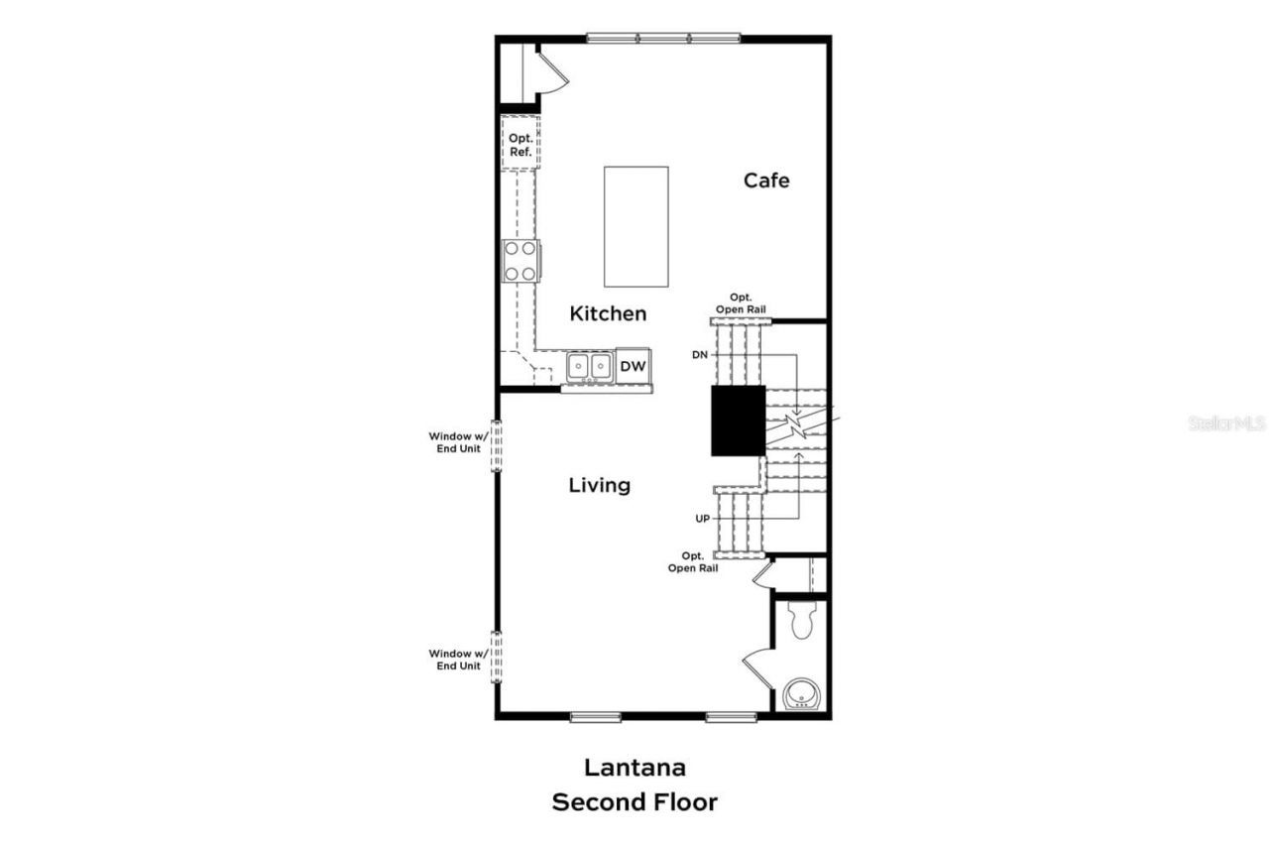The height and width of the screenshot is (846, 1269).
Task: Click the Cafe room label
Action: [x=766, y=181]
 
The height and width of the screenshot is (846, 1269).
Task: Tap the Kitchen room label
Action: [x=608, y=313]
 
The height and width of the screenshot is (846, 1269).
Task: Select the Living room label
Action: [x=600, y=485]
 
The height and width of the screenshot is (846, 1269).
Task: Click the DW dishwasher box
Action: [x=633, y=366]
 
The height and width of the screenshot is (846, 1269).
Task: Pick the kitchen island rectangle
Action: [x=636, y=226]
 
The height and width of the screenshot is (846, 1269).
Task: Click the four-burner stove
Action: [x=520, y=261]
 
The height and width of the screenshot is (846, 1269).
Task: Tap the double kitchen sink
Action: [x=589, y=367]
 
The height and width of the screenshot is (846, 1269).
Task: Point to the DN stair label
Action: [x=700, y=354]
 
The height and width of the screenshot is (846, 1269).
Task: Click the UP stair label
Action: [x=701, y=519]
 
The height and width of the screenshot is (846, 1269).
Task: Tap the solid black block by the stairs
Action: [x=739, y=421]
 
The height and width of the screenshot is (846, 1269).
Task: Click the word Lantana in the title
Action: [x=634, y=767]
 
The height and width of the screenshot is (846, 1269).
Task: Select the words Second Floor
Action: [x=634, y=802]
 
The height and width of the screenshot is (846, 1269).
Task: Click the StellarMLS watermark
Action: [x=1226, y=423]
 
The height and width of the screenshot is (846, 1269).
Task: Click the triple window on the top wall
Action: [x=663, y=39]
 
